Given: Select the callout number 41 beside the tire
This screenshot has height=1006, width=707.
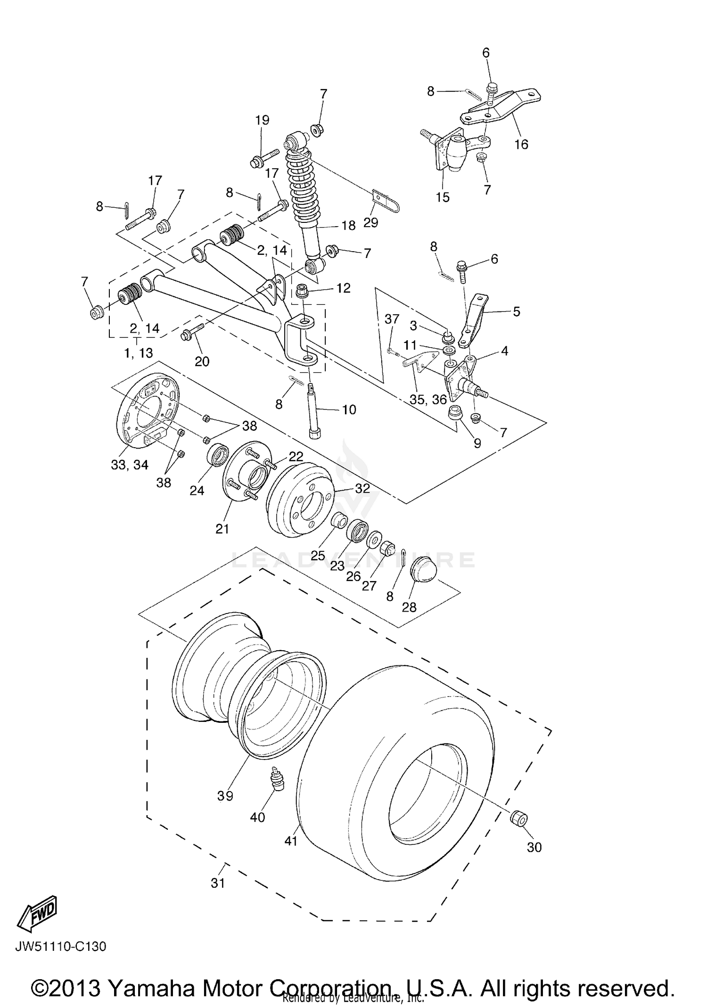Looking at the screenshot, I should pos(291,840).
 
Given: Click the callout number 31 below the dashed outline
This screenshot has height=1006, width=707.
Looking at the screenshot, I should pos(217,883).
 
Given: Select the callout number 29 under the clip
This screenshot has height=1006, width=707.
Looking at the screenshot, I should pos(370,222).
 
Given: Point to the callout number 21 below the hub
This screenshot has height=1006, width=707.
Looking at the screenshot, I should pos(222,529).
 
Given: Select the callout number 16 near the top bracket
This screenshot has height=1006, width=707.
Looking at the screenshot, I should pos(521,144).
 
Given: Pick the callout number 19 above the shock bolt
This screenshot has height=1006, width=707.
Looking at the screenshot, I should pos(262,120).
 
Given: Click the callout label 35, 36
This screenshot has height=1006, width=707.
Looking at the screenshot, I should pos(427,400).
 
